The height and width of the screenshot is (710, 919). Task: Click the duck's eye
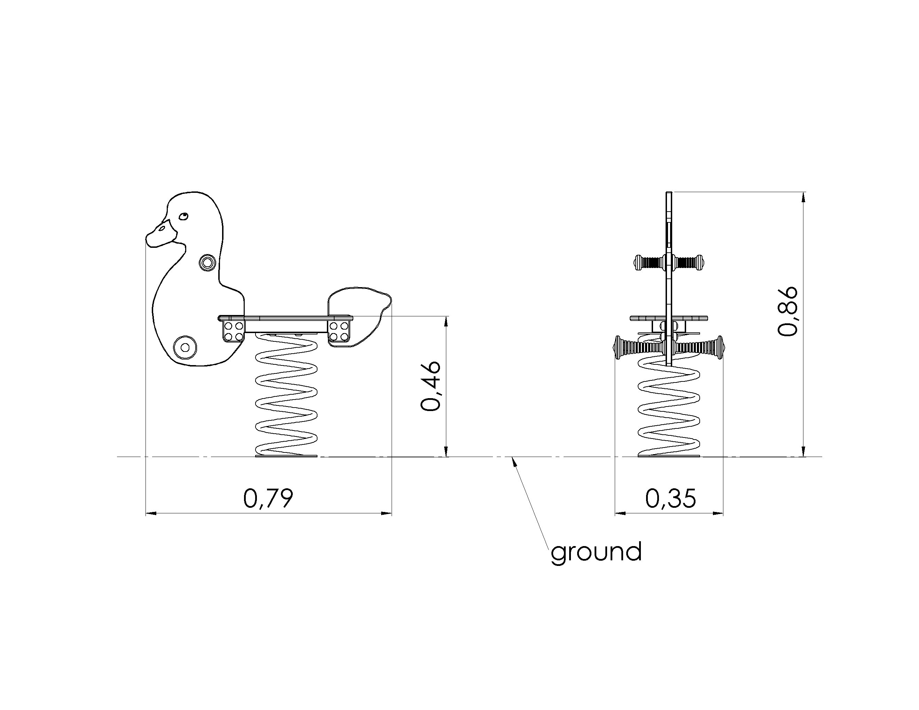coord(183,216)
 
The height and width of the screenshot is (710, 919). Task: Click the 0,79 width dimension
coord(268,498)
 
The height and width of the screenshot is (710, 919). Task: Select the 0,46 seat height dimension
coord(431,386)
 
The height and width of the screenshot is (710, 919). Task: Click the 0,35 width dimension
coord(671,498)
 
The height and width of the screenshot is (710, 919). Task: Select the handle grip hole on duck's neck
coord(207,263)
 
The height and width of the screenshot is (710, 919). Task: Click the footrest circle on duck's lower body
coord(185,347)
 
